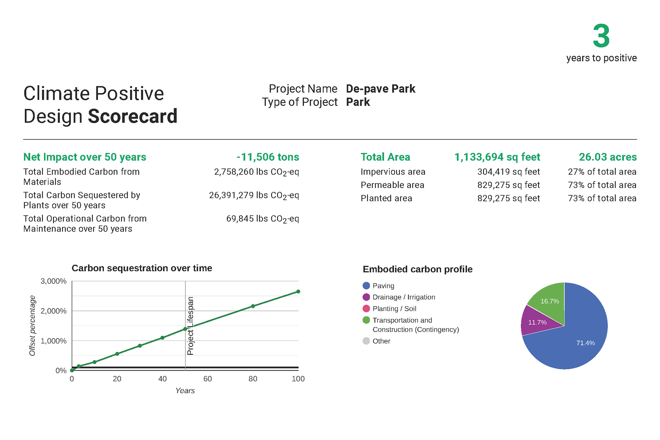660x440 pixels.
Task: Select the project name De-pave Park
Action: [x=380, y=89]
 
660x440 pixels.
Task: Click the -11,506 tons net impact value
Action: [x=268, y=157]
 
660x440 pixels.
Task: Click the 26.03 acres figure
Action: [x=608, y=157]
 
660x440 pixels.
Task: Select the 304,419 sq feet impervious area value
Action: [x=509, y=172]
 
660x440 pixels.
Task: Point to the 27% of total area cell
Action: [x=602, y=172]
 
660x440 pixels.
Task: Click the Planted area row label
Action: [x=386, y=198]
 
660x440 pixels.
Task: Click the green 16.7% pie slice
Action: [x=550, y=301]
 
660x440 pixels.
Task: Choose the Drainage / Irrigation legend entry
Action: [x=404, y=297]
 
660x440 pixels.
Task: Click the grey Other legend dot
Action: [x=366, y=341]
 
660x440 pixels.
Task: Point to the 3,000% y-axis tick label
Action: [x=53, y=281]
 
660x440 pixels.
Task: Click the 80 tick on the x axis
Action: [x=253, y=379]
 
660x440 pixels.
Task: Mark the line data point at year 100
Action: [x=298, y=291]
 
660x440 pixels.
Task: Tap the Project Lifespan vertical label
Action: [x=190, y=326]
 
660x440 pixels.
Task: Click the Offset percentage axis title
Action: [x=32, y=326]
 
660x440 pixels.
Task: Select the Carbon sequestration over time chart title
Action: [x=142, y=268]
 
